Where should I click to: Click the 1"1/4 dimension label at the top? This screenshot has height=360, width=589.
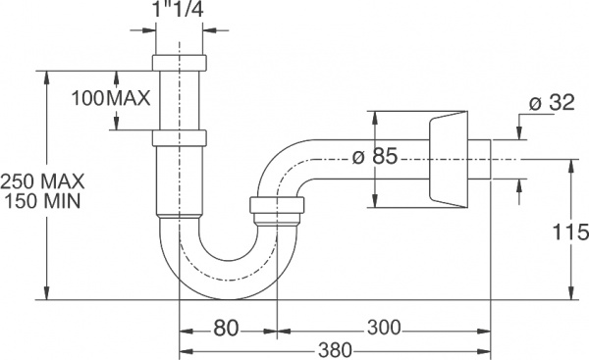click(x=180, y=12)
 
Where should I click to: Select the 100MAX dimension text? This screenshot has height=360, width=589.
click(x=111, y=98)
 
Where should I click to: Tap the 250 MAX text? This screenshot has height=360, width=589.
click(x=43, y=180)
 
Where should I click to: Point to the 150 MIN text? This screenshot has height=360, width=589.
click(x=43, y=200)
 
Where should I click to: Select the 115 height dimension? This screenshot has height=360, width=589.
click(x=569, y=232)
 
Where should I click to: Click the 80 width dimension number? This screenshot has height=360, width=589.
click(x=226, y=329)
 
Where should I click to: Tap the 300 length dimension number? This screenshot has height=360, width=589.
click(x=383, y=328)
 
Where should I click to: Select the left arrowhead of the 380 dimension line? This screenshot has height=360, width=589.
click(x=183, y=349)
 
